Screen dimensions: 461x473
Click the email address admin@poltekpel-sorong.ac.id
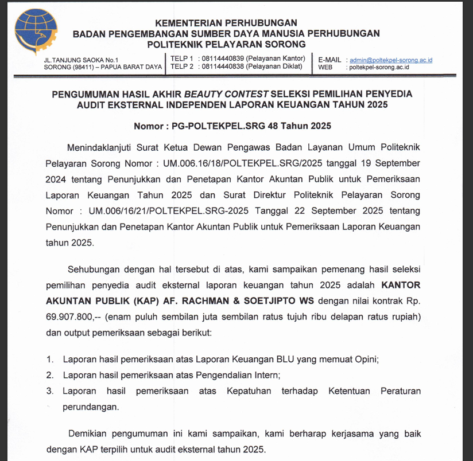[391, 59]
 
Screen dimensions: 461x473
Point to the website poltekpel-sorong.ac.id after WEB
[378, 67]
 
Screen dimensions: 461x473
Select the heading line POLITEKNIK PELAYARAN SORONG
[226, 44]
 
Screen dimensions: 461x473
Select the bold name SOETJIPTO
[257, 300]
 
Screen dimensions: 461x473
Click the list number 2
[51, 376]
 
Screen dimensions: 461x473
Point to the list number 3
[51, 392]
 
